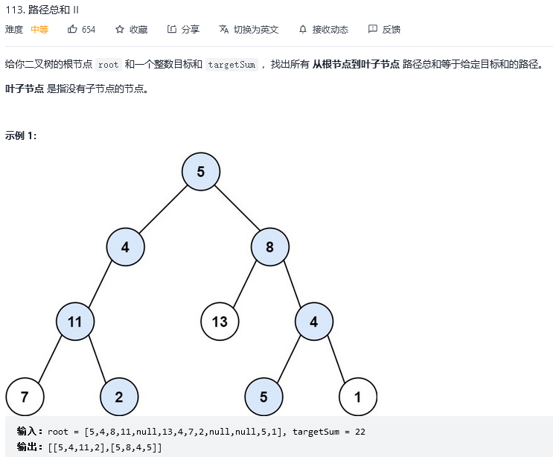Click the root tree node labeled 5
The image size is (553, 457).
coord(200,172)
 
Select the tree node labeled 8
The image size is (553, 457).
coord(269,247)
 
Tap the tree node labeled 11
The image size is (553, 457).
coord(74,322)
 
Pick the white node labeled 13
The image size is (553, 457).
coord(220,322)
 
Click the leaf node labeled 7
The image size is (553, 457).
coord(25,397)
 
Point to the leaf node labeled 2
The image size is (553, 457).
coord(119,397)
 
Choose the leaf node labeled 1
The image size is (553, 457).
coord(357,397)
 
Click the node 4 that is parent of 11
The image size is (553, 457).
coord(125,247)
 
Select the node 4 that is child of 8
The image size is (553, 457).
coord(314,322)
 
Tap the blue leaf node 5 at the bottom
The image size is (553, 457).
coord(263,397)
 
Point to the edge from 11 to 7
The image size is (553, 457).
coord(50,359)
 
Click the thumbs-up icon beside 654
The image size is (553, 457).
coord(73,29)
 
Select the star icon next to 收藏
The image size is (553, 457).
coord(120,29)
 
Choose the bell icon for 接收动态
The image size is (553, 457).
coord(303,29)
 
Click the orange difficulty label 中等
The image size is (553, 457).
coord(39,29)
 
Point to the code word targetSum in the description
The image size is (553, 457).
coord(231,65)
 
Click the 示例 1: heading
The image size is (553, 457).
coord(21,135)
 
